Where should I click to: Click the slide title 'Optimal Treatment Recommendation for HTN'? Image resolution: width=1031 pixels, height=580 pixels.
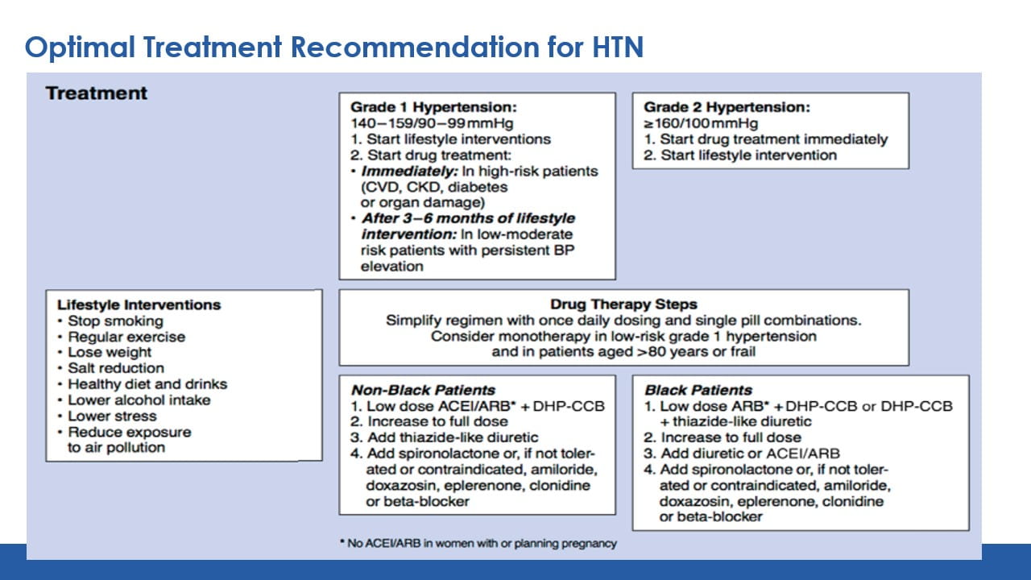(334, 48)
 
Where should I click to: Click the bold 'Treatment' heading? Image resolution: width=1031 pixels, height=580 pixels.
(97, 93)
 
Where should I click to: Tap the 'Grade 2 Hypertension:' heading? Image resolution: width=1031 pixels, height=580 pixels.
(727, 107)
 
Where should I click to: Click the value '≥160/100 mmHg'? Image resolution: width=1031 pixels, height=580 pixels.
(700, 123)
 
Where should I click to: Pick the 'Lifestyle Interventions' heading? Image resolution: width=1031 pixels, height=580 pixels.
(139, 304)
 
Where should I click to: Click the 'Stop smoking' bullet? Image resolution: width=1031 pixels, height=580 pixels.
(115, 321)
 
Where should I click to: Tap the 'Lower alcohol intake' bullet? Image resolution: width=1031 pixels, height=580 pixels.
(139, 400)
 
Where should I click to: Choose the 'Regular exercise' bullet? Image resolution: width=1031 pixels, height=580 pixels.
(126, 337)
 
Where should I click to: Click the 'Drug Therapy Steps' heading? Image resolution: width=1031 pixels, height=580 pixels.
(623, 304)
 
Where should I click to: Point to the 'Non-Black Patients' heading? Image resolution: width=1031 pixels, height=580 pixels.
(424, 390)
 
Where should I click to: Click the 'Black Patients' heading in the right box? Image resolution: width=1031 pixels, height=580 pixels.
(698, 390)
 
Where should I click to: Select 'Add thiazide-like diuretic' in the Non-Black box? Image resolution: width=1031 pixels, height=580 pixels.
(453, 437)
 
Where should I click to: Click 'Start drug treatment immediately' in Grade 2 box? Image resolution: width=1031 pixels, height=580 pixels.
(773, 139)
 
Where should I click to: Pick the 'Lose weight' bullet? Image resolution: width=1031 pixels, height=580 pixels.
(110, 352)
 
